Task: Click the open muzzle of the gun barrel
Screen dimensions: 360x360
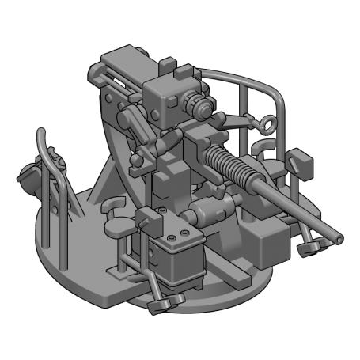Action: click(339, 237)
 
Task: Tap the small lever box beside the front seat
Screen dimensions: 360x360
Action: click(146, 218)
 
